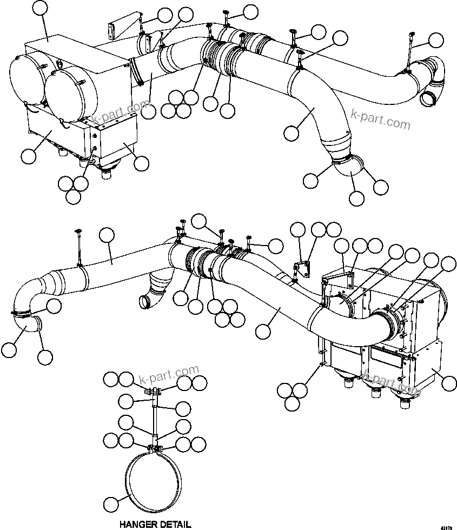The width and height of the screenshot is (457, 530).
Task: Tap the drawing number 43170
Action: coord(447,525)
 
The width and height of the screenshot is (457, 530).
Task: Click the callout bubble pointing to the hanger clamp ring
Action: coord(110,504)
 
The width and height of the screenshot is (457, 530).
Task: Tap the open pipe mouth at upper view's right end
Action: coord(429,99)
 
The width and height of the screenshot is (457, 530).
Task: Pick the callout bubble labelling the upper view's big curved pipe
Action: coord(291,131)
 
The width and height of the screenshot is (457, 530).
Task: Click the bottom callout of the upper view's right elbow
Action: coord(356,198)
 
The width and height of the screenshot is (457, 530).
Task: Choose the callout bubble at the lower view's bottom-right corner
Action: coord(448,383)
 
